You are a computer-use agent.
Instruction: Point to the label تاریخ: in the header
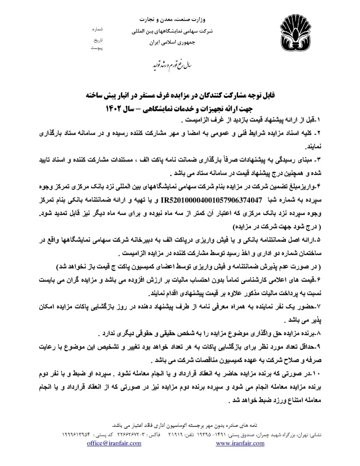[x=99, y=40]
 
